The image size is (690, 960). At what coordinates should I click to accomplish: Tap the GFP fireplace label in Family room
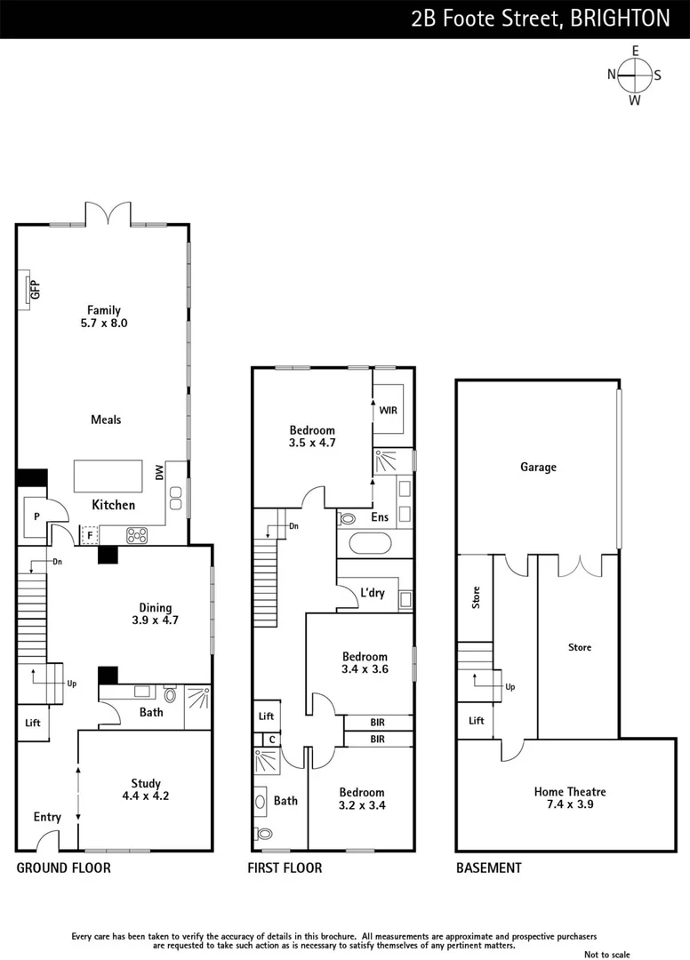(x=36, y=290)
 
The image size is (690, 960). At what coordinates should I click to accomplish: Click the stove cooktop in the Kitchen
(x=139, y=535)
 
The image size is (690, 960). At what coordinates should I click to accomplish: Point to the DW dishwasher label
(x=160, y=473)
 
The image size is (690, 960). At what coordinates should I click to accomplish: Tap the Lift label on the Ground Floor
(x=33, y=723)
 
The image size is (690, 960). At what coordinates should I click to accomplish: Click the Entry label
(x=47, y=817)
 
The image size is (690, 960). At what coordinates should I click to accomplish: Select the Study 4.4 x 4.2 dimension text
(x=146, y=796)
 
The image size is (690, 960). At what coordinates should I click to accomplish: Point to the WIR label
(x=388, y=411)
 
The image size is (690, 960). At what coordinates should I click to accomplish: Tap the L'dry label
(x=372, y=593)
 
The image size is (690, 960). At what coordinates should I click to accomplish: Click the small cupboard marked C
(x=269, y=739)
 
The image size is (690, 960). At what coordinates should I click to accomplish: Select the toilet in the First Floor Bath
(x=264, y=835)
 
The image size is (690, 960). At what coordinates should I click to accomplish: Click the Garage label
(x=538, y=467)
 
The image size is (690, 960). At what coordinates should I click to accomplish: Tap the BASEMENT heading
(x=488, y=868)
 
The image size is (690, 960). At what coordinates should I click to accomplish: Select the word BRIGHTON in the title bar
(x=621, y=19)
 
